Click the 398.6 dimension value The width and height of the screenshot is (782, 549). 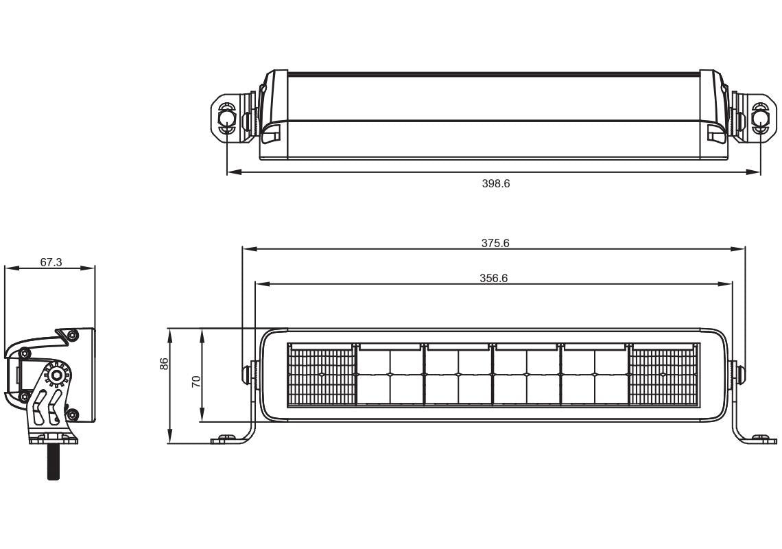495,184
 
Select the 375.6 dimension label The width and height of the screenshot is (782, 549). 495,243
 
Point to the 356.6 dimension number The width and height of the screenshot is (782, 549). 493,278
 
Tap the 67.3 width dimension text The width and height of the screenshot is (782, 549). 51,262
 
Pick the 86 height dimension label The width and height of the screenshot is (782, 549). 164,364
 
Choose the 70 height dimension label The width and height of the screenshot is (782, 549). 196,382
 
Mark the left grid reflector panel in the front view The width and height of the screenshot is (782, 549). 321,375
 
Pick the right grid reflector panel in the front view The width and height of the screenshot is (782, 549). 663,375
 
